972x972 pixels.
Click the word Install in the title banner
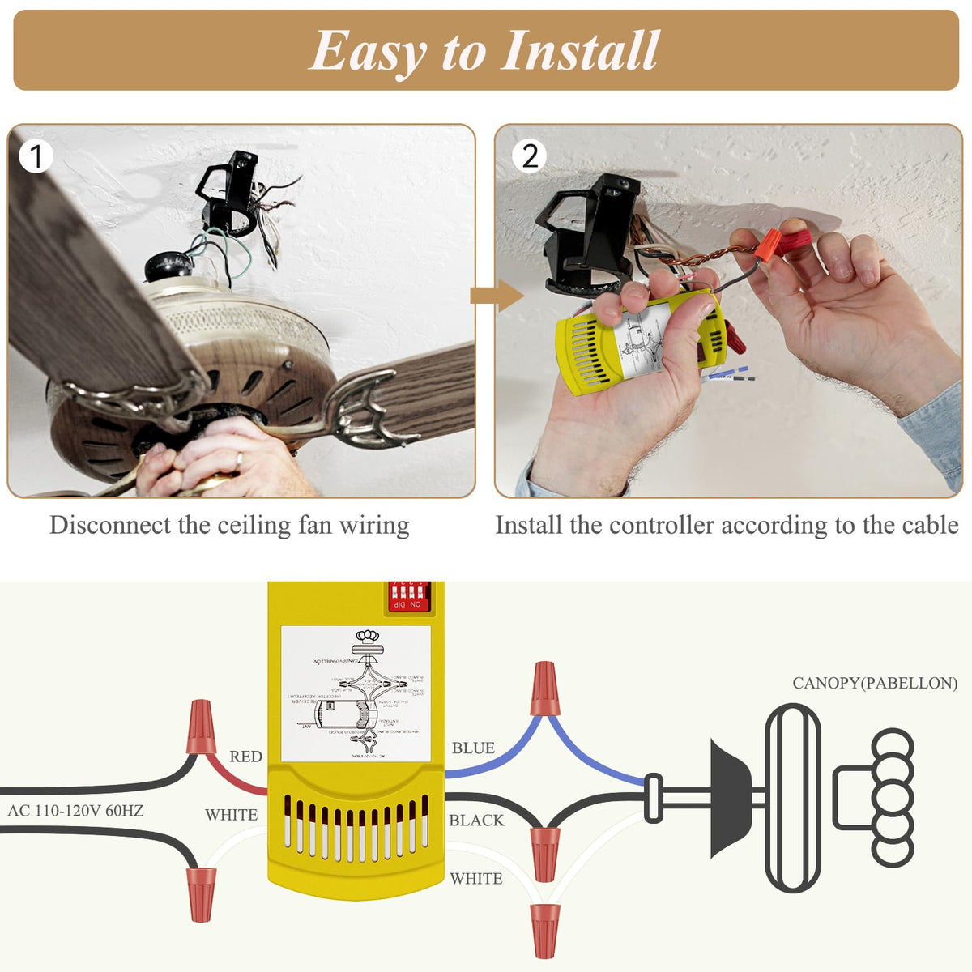tap(579, 51)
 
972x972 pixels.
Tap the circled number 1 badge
tap(36, 156)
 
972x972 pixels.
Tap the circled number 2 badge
tap(530, 156)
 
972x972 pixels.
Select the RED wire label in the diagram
tap(245, 757)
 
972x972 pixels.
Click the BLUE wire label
tap(473, 748)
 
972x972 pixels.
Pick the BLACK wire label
tap(476, 821)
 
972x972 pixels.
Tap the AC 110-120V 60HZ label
tap(75, 810)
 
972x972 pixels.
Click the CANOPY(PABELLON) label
tap(875, 683)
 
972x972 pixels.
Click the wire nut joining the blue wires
tap(544, 688)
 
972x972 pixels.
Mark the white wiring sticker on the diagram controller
tap(356, 693)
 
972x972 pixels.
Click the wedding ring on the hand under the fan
tap(238, 459)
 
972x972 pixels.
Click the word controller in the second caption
tap(663, 525)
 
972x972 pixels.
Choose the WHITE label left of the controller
tap(231, 815)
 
